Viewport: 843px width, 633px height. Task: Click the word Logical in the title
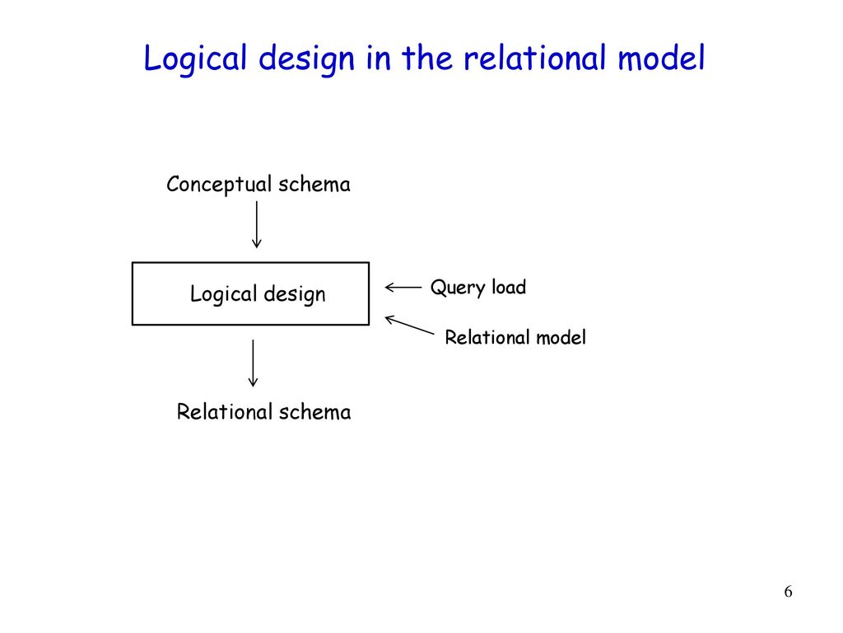pyautogui.click(x=195, y=59)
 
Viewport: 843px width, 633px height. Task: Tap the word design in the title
pyautogui.click(x=306, y=59)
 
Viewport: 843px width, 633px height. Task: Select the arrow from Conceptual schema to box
pyautogui.click(x=257, y=224)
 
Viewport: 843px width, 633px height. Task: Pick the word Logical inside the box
pyautogui.click(x=224, y=294)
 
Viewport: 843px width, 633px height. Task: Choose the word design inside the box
pyautogui.click(x=295, y=294)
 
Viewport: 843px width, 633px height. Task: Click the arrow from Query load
pyautogui.click(x=403, y=288)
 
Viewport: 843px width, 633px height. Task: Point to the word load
pyautogui.click(x=509, y=287)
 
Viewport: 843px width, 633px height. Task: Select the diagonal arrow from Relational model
pyautogui.click(x=410, y=325)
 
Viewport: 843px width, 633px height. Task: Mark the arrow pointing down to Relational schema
pyautogui.click(x=253, y=363)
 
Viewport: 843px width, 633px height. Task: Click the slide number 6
pyautogui.click(x=788, y=592)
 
